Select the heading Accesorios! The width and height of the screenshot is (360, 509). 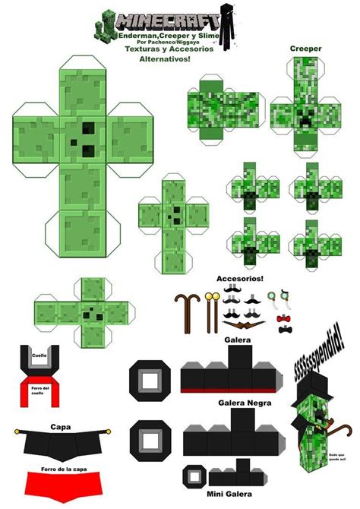click(x=239, y=279)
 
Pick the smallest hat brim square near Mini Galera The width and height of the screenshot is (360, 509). click(x=197, y=477)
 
